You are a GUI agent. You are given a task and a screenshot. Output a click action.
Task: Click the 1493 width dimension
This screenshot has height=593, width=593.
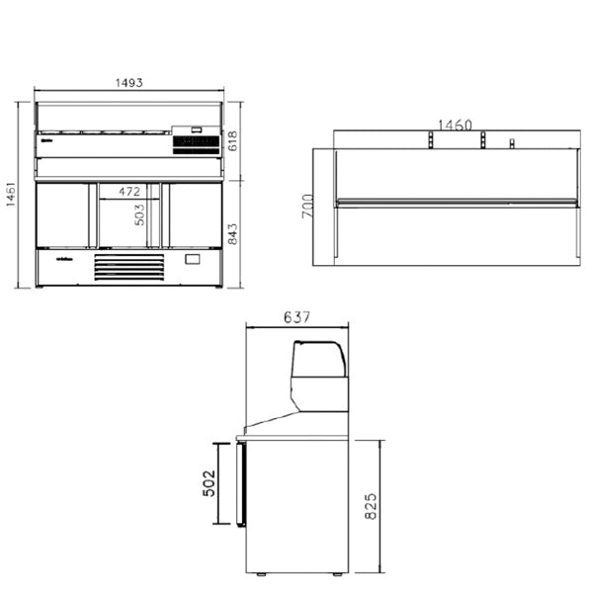[x=131, y=84]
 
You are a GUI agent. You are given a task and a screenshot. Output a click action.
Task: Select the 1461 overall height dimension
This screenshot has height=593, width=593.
[x=10, y=195]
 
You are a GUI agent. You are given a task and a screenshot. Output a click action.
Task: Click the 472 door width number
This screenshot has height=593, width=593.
[x=129, y=191]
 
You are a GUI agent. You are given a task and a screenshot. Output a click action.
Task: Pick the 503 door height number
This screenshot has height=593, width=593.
[x=139, y=215]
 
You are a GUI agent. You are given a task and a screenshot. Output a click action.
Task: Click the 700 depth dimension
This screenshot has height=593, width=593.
[x=307, y=206]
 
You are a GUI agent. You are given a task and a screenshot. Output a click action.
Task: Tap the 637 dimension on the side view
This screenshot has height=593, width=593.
[x=296, y=318]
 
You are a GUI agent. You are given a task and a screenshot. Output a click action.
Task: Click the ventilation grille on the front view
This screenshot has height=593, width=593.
[x=128, y=267]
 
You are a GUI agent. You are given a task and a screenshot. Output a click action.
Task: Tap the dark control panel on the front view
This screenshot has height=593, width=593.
[x=196, y=145]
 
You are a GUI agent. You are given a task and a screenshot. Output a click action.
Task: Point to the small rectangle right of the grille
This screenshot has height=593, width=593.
[x=192, y=261]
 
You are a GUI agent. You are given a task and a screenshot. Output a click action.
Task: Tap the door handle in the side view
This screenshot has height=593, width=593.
[x=238, y=483]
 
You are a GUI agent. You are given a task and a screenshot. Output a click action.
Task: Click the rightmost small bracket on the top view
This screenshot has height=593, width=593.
[x=512, y=144]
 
